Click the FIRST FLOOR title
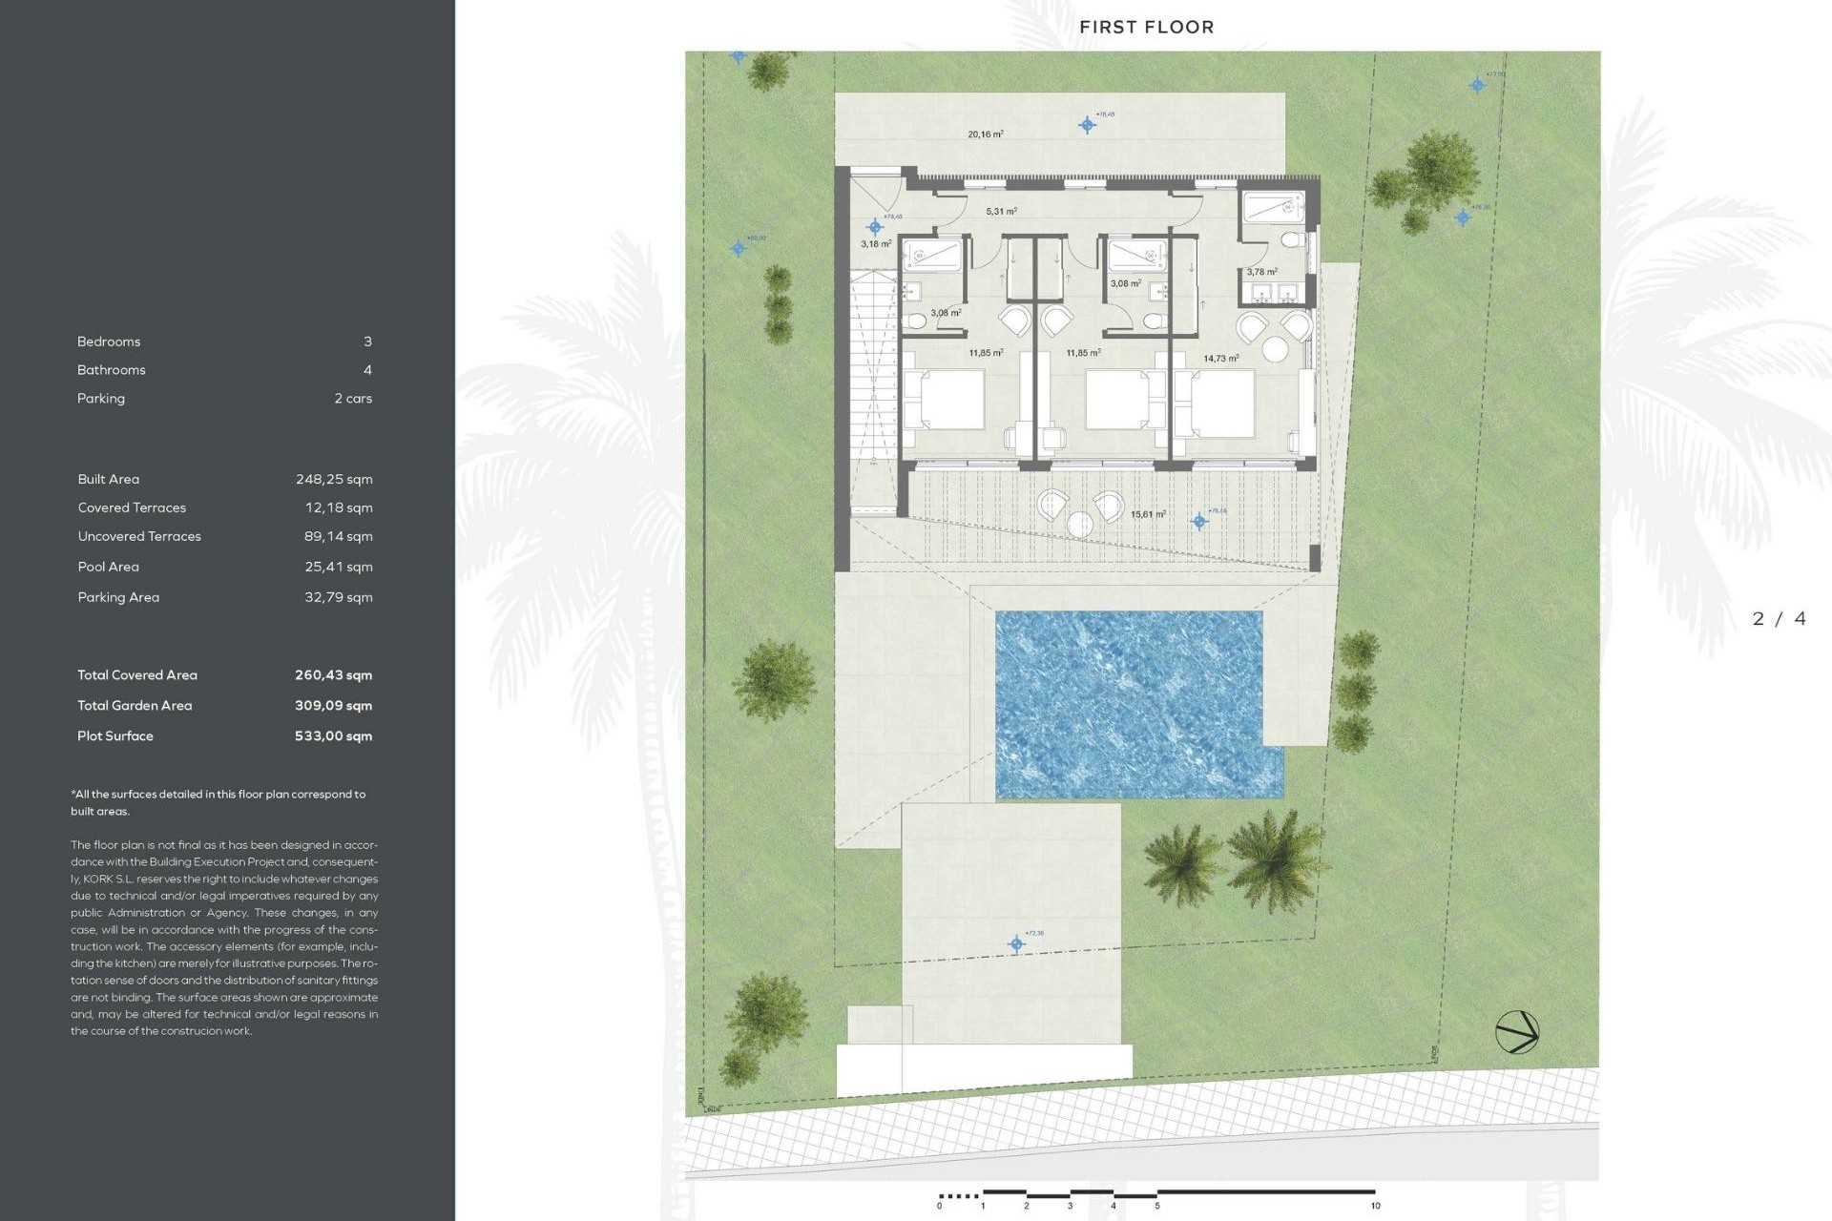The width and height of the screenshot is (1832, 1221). click(x=1146, y=27)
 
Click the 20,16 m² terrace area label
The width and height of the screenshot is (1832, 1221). click(x=985, y=135)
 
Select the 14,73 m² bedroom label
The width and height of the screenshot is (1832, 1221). click(x=1220, y=359)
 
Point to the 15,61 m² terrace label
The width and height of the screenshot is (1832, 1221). click(x=1148, y=514)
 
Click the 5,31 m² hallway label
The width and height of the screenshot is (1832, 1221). click(x=1001, y=212)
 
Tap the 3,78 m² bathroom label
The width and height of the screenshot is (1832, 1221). click(x=1261, y=272)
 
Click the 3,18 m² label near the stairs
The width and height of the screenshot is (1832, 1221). click(x=875, y=244)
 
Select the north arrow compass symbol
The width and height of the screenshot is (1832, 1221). click(x=1516, y=1032)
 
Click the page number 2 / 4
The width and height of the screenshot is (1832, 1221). click(x=1779, y=619)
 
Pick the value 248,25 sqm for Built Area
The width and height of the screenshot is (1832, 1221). click(x=334, y=479)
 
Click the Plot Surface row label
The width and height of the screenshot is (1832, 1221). click(x=115, y=735)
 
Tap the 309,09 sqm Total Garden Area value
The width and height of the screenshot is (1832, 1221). click(x=333, y=705)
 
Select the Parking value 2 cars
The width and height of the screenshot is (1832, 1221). click(x=353, y=398)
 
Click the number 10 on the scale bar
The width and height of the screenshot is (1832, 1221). click(x=1375, y=1206)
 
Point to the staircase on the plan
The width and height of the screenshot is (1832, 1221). click(x=874, y=367)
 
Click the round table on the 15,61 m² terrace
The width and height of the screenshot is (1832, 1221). click(x=1080, y=524)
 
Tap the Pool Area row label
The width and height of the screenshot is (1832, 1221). click(x=108, y=567)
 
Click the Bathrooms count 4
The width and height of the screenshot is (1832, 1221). click(x=367, y=369)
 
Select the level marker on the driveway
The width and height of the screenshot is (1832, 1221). click(x=1016, y=944)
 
